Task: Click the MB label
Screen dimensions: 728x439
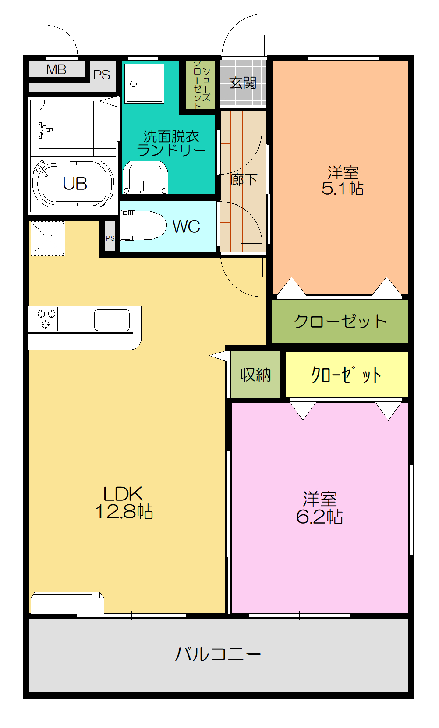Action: click(56, 69)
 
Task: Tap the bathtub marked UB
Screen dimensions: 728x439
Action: click(73, 184)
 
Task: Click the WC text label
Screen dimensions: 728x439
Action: click(186, 227)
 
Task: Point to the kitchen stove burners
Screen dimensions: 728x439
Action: click(46, 319)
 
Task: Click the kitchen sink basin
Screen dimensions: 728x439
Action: click(112, 320)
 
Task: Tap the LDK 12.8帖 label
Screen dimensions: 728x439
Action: click(124, 503)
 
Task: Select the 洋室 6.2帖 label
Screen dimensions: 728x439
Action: click(319, 508)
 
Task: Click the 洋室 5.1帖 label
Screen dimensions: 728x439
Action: click(342, 180)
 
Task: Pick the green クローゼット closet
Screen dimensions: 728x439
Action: click(340, 321)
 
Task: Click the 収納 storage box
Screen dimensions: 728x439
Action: click(255, 375)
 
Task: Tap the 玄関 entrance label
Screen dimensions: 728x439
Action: click(243, 82)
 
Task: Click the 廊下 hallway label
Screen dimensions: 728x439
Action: click(244, 179)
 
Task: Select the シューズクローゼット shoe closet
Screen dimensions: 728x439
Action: click(201, 85)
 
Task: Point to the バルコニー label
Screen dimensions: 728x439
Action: click(218, 654)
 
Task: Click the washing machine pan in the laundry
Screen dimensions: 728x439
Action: click(144, 83)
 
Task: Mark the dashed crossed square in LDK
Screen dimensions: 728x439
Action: click(47, 238)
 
